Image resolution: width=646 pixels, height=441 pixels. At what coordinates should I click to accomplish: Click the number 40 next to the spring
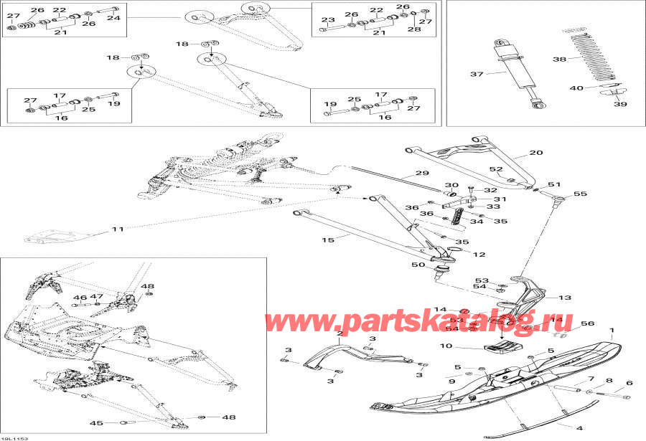576,88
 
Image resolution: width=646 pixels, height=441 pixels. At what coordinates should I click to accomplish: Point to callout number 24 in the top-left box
113,18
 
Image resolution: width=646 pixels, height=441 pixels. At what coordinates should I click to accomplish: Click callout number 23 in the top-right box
327,19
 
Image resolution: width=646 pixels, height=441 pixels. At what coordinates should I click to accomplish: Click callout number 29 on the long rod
422,174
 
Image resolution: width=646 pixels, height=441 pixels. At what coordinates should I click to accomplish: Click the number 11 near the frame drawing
118,229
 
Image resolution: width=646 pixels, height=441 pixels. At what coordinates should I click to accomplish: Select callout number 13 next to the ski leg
565,298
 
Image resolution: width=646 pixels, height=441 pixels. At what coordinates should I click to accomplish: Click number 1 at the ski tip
612,333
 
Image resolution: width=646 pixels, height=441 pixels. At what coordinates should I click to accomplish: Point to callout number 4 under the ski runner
579,428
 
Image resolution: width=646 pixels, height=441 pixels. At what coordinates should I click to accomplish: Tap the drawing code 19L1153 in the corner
10,437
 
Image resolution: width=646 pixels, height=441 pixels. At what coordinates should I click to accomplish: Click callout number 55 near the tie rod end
580,194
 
